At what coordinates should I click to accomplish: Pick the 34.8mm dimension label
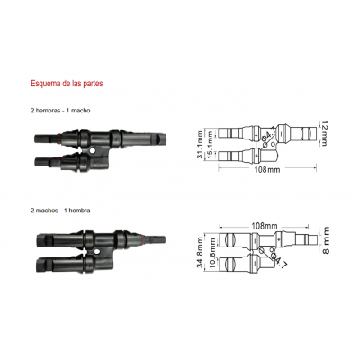(200, 252)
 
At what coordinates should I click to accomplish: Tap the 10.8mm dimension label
(211, 258)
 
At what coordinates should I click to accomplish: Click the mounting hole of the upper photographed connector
(90, 150)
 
